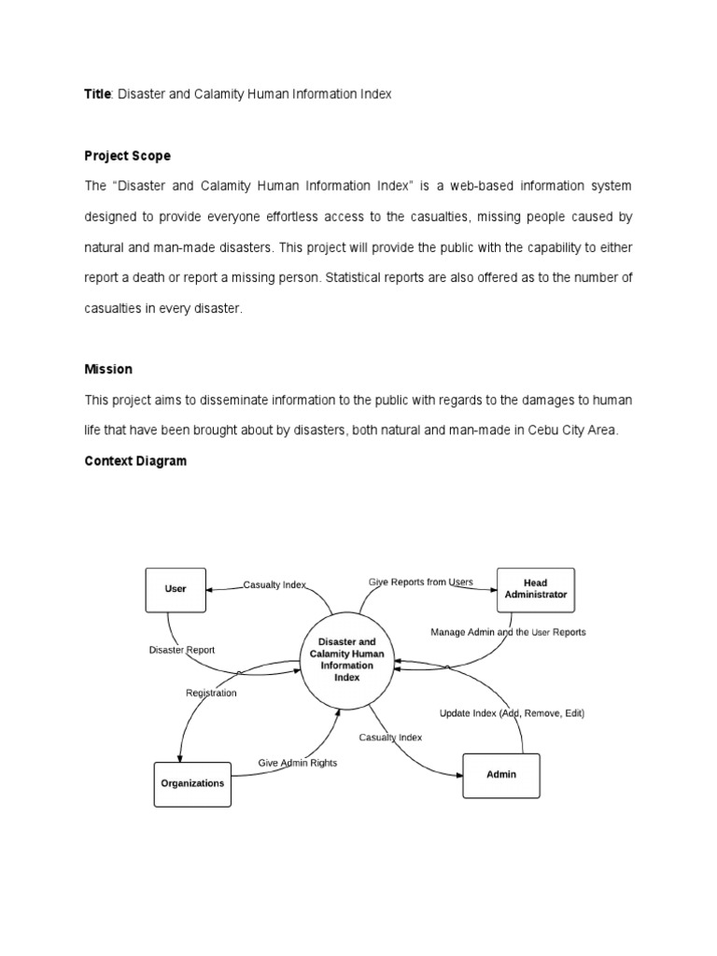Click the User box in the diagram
point(176,589)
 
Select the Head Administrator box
point(535,589)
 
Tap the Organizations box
point(191,783)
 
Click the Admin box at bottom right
point(501,775)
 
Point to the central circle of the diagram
point(346,660)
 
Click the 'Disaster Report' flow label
point(181,650)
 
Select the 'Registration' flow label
point(211,693)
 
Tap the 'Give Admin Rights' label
point(298,763)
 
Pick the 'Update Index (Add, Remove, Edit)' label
point(512,713)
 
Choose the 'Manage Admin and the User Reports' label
point(508,632)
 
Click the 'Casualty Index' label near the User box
point(274,584)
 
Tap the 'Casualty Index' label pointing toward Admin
point(390,738)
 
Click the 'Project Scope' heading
point(128,156)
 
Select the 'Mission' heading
point(108,369)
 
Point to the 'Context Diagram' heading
point(135,461)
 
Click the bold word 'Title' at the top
point(97,95)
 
